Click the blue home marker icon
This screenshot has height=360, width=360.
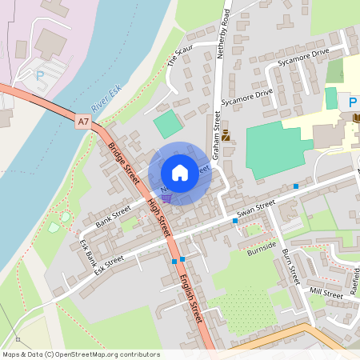[180, 173]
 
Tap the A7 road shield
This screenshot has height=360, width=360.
[84, 122]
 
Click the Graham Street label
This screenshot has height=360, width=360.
[216, 131]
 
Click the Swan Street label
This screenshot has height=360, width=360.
[256, 210]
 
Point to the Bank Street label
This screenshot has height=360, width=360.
[112, 214]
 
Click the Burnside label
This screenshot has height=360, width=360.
[262, 255]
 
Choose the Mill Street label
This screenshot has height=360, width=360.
[326, 294]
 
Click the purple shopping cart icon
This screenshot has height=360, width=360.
[166, 198]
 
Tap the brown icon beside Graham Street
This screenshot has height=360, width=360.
[226, 136]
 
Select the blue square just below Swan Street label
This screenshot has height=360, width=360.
[235, 220]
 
